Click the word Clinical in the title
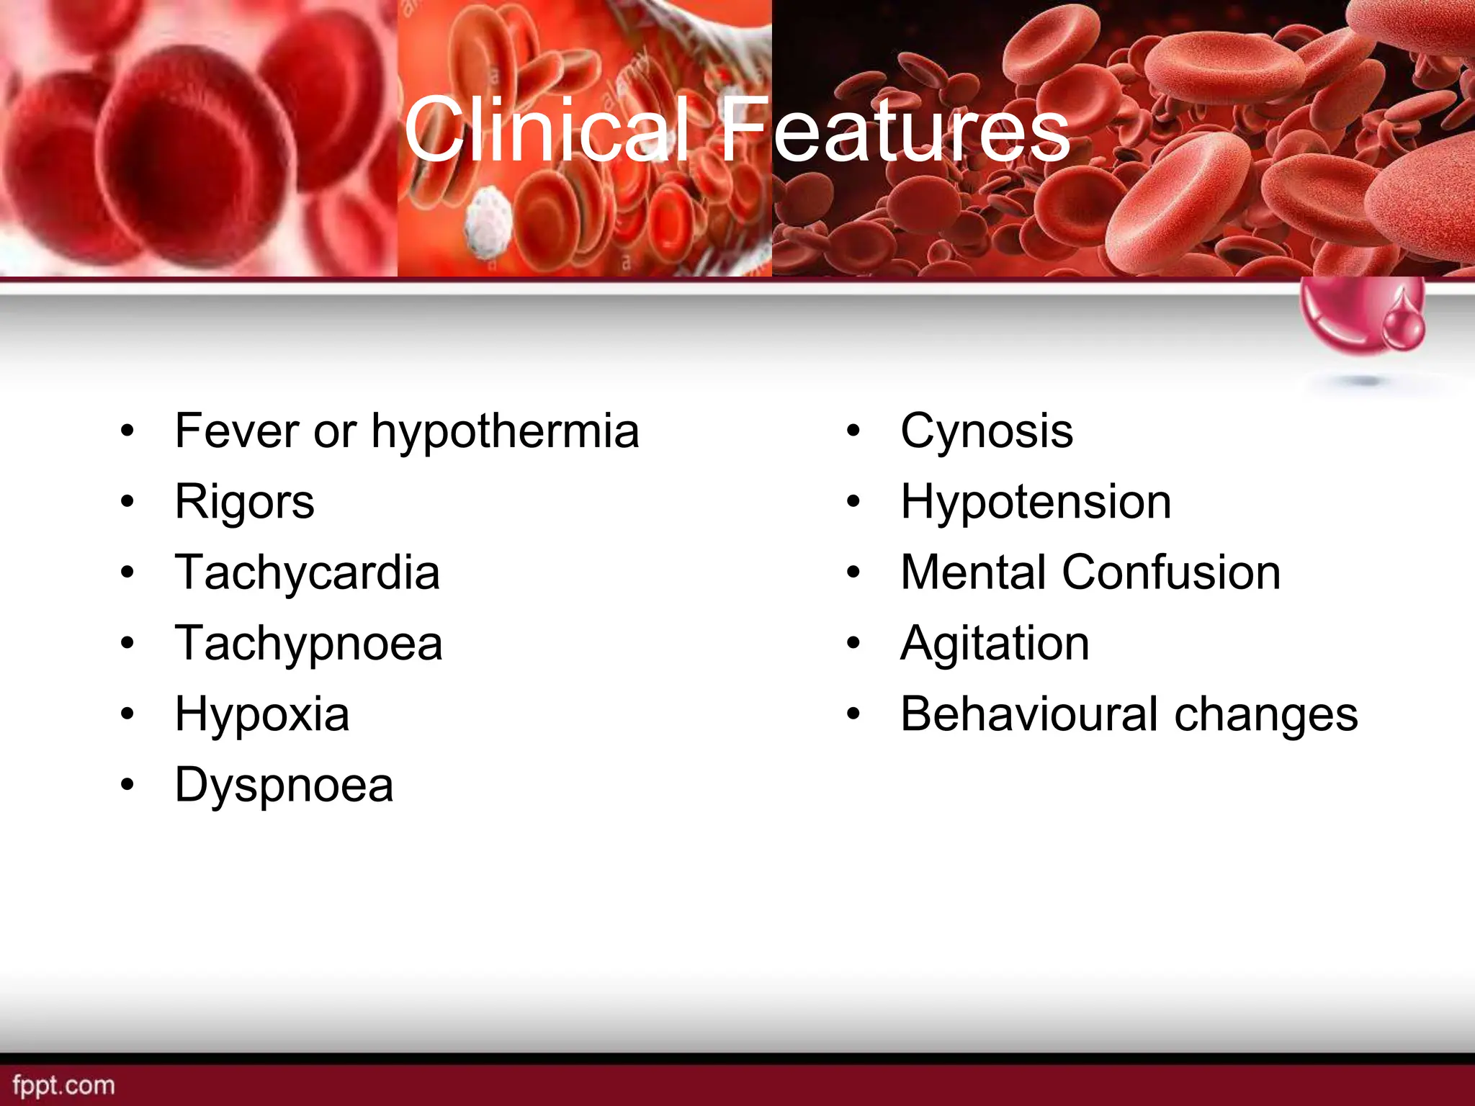[547, 130]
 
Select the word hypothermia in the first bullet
[505, 432]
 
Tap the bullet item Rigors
[244, 502]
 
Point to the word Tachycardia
[307, 572]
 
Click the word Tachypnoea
[308, 644]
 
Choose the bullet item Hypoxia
[262, 714]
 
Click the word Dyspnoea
[284, 785]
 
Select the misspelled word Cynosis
[986, 432]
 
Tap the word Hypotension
[1035, 502]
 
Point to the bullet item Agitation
[995, 643]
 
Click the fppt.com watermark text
[63, 1084]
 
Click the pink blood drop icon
[1404, 321]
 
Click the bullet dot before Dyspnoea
[127, 785]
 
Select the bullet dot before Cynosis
[853, 431]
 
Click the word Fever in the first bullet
[236, 431]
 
